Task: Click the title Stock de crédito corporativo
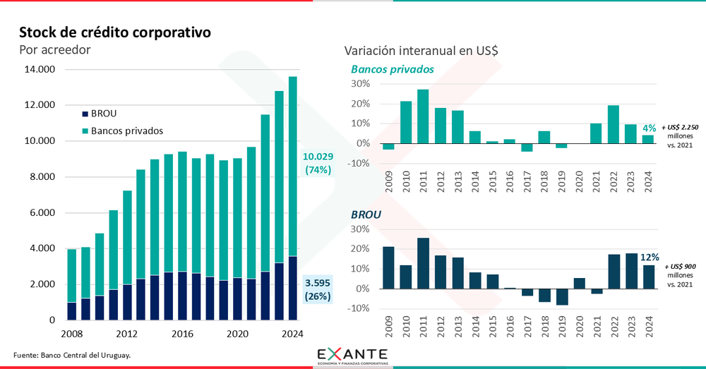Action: click(114, 32)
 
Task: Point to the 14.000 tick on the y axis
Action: click(40, 70)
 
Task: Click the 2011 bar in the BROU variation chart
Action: click(423, 263)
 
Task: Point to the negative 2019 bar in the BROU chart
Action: click(561, 296)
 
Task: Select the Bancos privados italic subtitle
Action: click(392, 69)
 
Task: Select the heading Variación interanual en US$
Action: click(421, 51)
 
